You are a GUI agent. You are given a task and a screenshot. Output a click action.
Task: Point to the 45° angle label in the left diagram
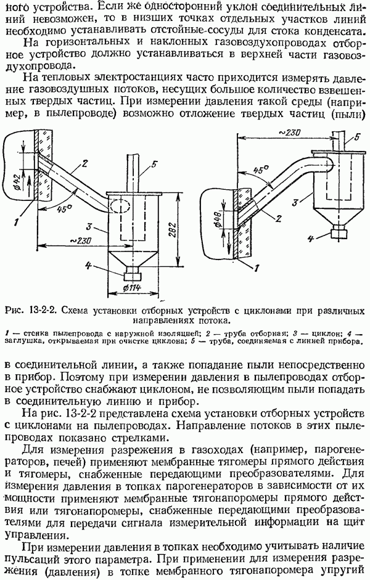pos(60,208)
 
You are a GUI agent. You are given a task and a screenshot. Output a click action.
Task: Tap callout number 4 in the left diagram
pos(89,266)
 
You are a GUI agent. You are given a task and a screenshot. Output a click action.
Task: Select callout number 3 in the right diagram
pos(297,200)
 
